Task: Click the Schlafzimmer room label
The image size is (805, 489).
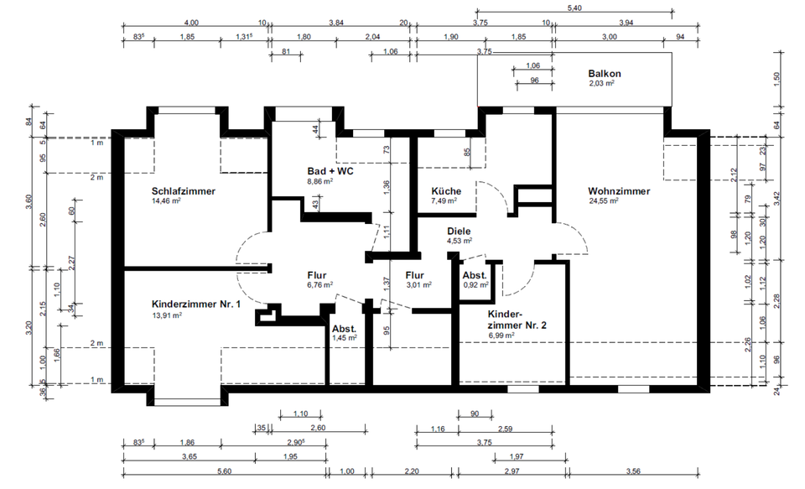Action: (x=184, y=191)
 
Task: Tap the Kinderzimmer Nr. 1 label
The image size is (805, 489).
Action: (x=196, y=304)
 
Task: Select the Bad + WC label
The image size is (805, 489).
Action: (x=330, y=170)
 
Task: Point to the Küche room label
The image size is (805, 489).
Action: (x=446, y=191)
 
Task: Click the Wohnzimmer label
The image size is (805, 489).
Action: (x=619, y=191)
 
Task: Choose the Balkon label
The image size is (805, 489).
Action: (x=604, y=74)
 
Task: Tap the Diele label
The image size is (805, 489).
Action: (x=459, y=231)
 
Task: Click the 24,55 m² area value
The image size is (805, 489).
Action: (x=603, y=201)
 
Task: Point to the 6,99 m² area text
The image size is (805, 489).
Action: (x=501, y=335)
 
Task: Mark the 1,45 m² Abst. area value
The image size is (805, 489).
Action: (x=344, y=337)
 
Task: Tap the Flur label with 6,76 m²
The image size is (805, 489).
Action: (x=315, y=274)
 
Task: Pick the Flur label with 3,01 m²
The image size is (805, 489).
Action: (x=415, y=274)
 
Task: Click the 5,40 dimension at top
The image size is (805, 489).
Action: (x=574, y=8)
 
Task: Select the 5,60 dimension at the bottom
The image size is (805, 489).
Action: (x=224, y=472)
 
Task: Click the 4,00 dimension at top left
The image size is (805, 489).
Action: (x=191, y=23)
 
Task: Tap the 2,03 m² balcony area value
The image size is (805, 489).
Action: (x=602, y=84)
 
